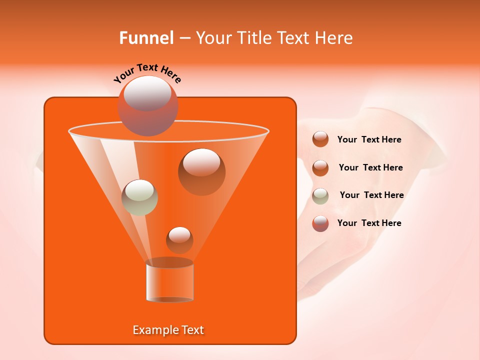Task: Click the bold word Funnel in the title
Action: click(146, 38)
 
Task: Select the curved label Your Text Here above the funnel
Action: click(147, 73)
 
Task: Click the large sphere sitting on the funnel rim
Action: click(148, 105)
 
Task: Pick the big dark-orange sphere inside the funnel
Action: click(201, 171)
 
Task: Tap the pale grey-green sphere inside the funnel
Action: click(139, 197)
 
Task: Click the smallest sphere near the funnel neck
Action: click(179, 240)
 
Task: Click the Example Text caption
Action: click(168, 330)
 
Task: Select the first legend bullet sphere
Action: click(320, 139)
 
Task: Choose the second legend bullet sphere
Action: click(320, 168)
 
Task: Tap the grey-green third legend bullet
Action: click(320, 196)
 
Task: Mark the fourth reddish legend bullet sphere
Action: click(320, 223)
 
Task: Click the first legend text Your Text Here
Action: click(369, 140)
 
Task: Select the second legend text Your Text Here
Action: click(370, 167)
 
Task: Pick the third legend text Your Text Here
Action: click(371, 195)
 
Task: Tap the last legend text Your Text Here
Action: click(369, 223)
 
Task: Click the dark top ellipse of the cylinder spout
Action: click(169, 262)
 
